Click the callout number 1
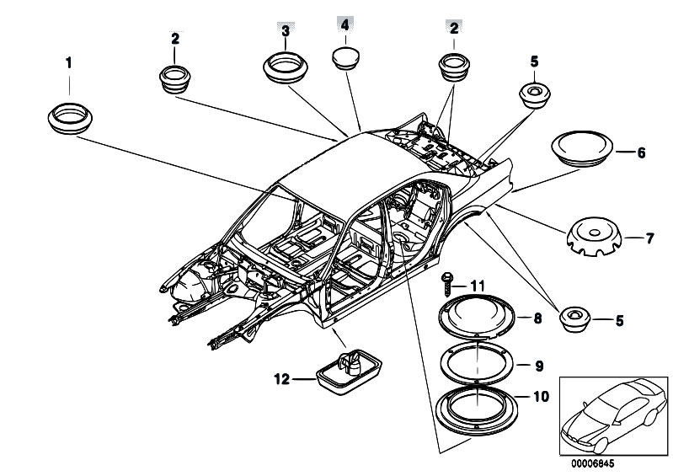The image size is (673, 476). (x=69, y=62)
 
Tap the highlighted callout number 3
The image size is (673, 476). (x=286, y=31)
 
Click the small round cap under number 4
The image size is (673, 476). (x=345, y=58)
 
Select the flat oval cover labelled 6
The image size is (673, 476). (x=581, y=148)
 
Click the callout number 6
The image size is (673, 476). (x=641, y=153)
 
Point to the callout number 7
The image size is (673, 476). (x=649, y=239)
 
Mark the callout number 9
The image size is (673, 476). (x=538, y=366)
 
